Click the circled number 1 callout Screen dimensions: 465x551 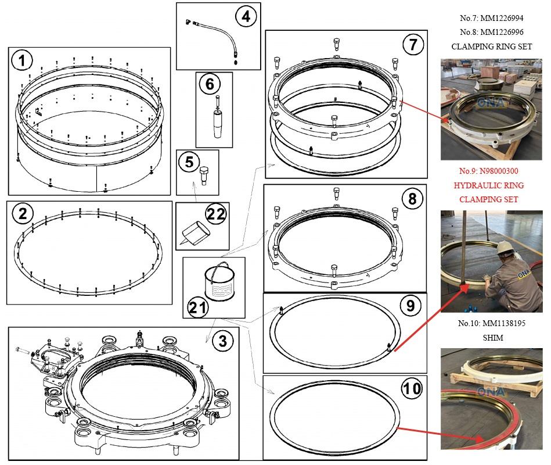(x=23, y=61)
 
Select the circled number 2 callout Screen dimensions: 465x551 (x=22, y=214)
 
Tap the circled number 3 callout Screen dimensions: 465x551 (x=222, y=341)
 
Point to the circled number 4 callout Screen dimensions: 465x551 (x=246, y=16)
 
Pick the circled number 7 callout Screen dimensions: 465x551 (x=413, y=45)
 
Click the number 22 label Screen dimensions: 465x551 (x=216, y=214)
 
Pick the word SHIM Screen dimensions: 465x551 (x=492, y=337)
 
